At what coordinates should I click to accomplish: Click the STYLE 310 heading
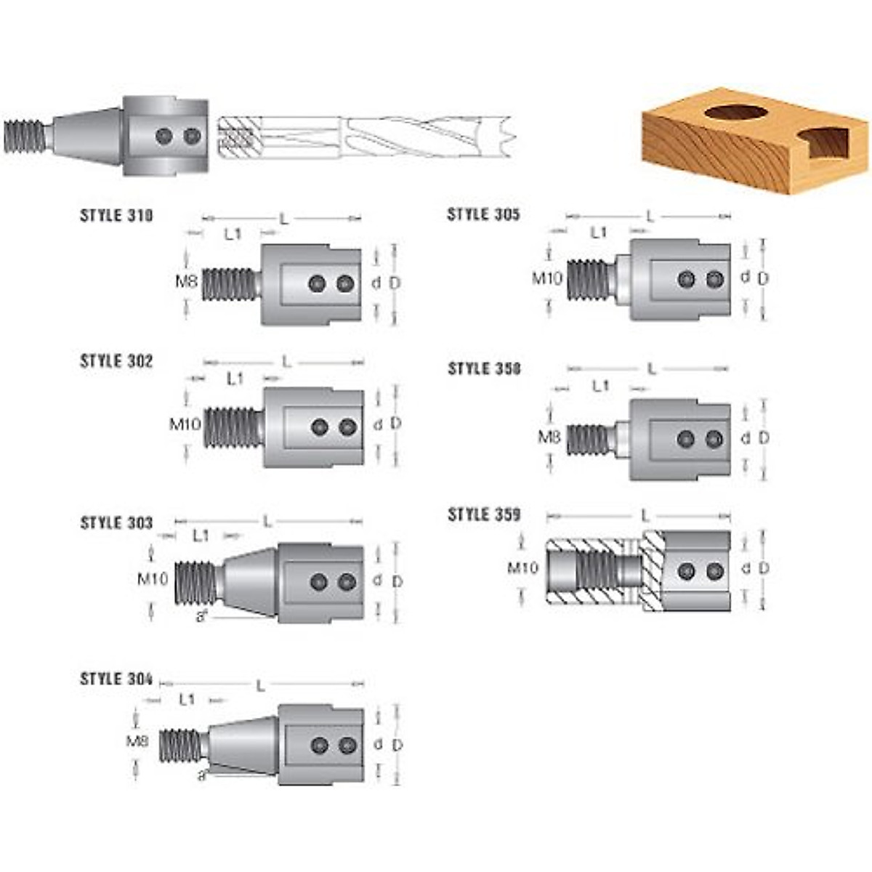pyautogui.click(x=116, y=216)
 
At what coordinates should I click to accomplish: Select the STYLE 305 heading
pyautogui.click(x=483, y=214)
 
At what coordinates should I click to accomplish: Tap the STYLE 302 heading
pyautogui.click(x=116, y=362)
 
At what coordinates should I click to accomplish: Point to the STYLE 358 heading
pyautogui.click(x=484, y=368)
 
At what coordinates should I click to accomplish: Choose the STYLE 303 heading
pyautogui.click(x=116, y=523)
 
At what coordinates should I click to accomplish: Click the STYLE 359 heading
pyautogui.click(x=484, y=514)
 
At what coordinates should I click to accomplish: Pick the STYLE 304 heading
pyautogui.click(x=116, y=679)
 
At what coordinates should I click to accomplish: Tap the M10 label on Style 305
pyautogui.click(x=547, y=278)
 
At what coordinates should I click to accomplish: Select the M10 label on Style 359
pyautogui.click(x=523, y=567)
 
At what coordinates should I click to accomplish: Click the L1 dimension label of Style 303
pyautogui.click(x=201, y=536)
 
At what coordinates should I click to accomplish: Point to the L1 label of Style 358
pyautogui.click(x=600, y=386)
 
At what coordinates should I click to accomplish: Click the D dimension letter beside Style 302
pyautogui.click(x=396, y=423)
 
